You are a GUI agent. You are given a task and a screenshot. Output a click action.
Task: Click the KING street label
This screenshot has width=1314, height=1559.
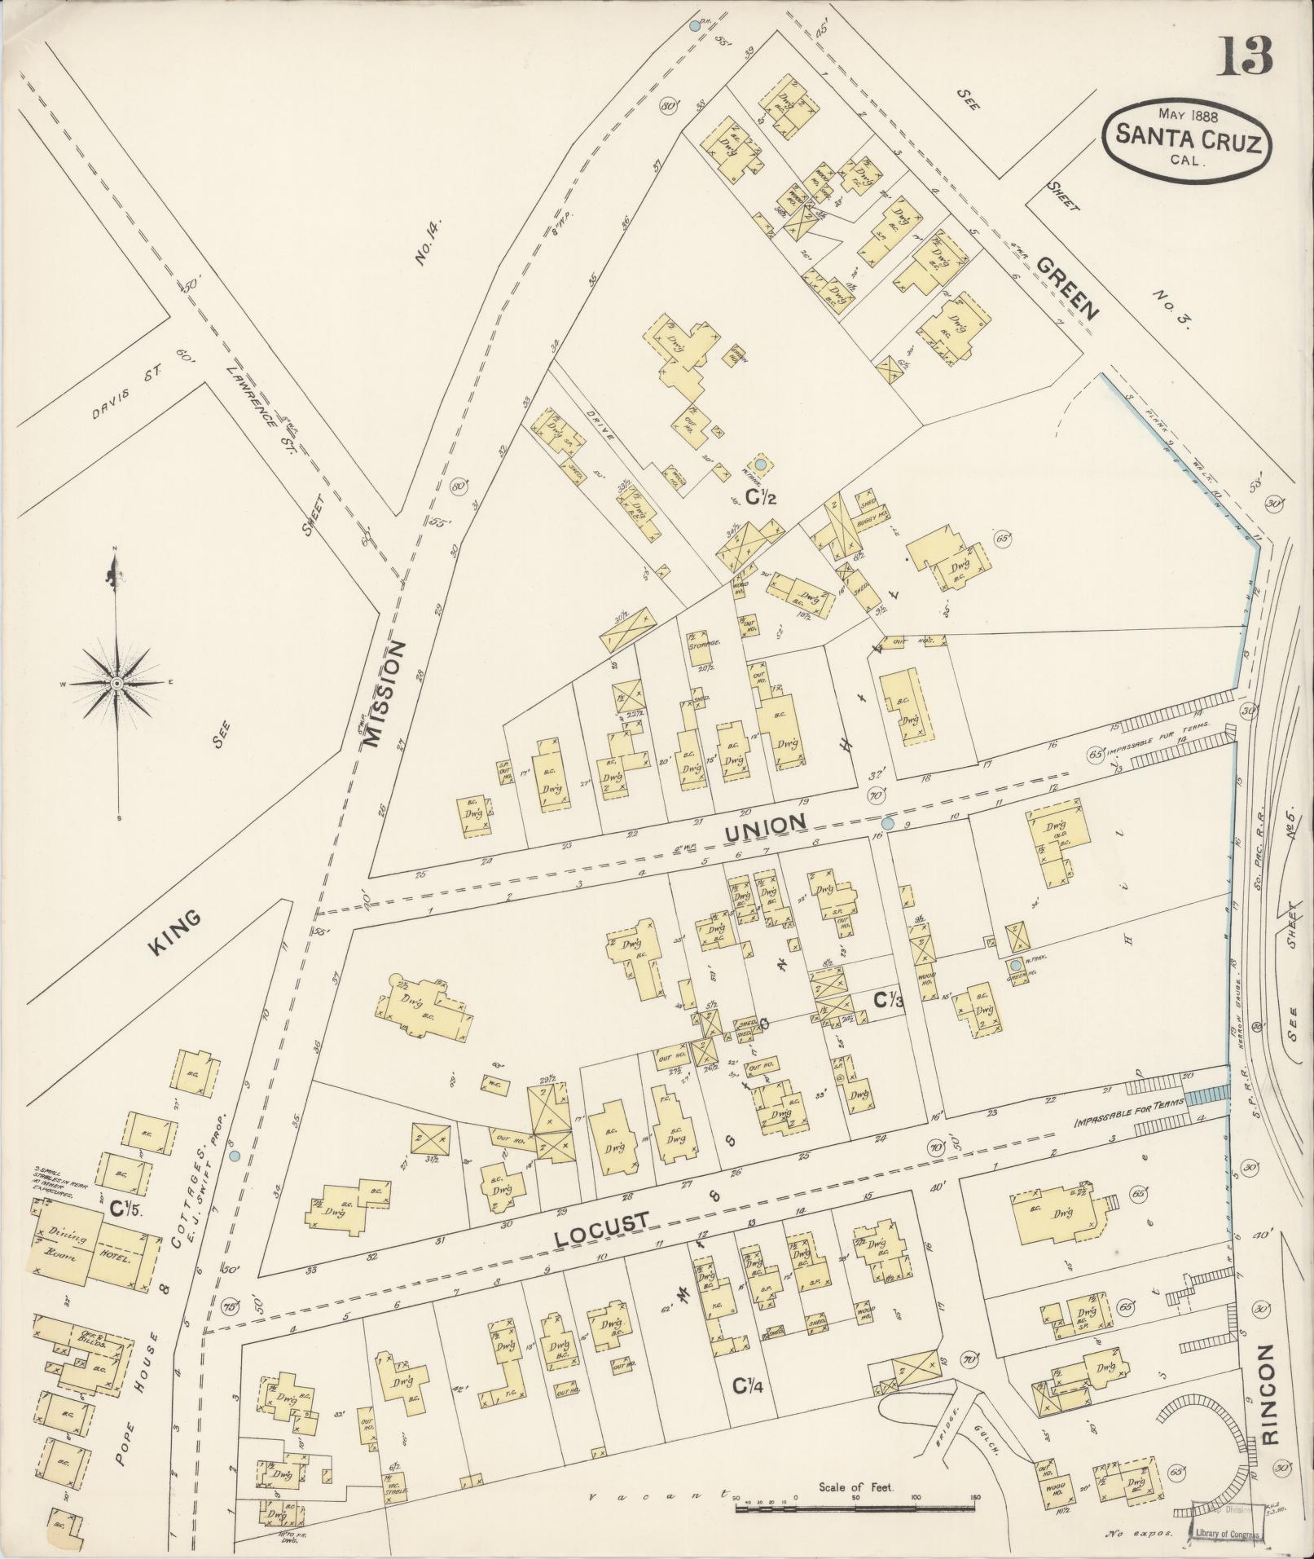coord(174,931)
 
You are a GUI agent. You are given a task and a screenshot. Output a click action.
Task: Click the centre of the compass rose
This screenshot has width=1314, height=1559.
coord(116,682)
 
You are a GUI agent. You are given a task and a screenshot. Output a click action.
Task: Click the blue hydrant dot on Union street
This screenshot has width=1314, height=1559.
coord(888,825)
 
